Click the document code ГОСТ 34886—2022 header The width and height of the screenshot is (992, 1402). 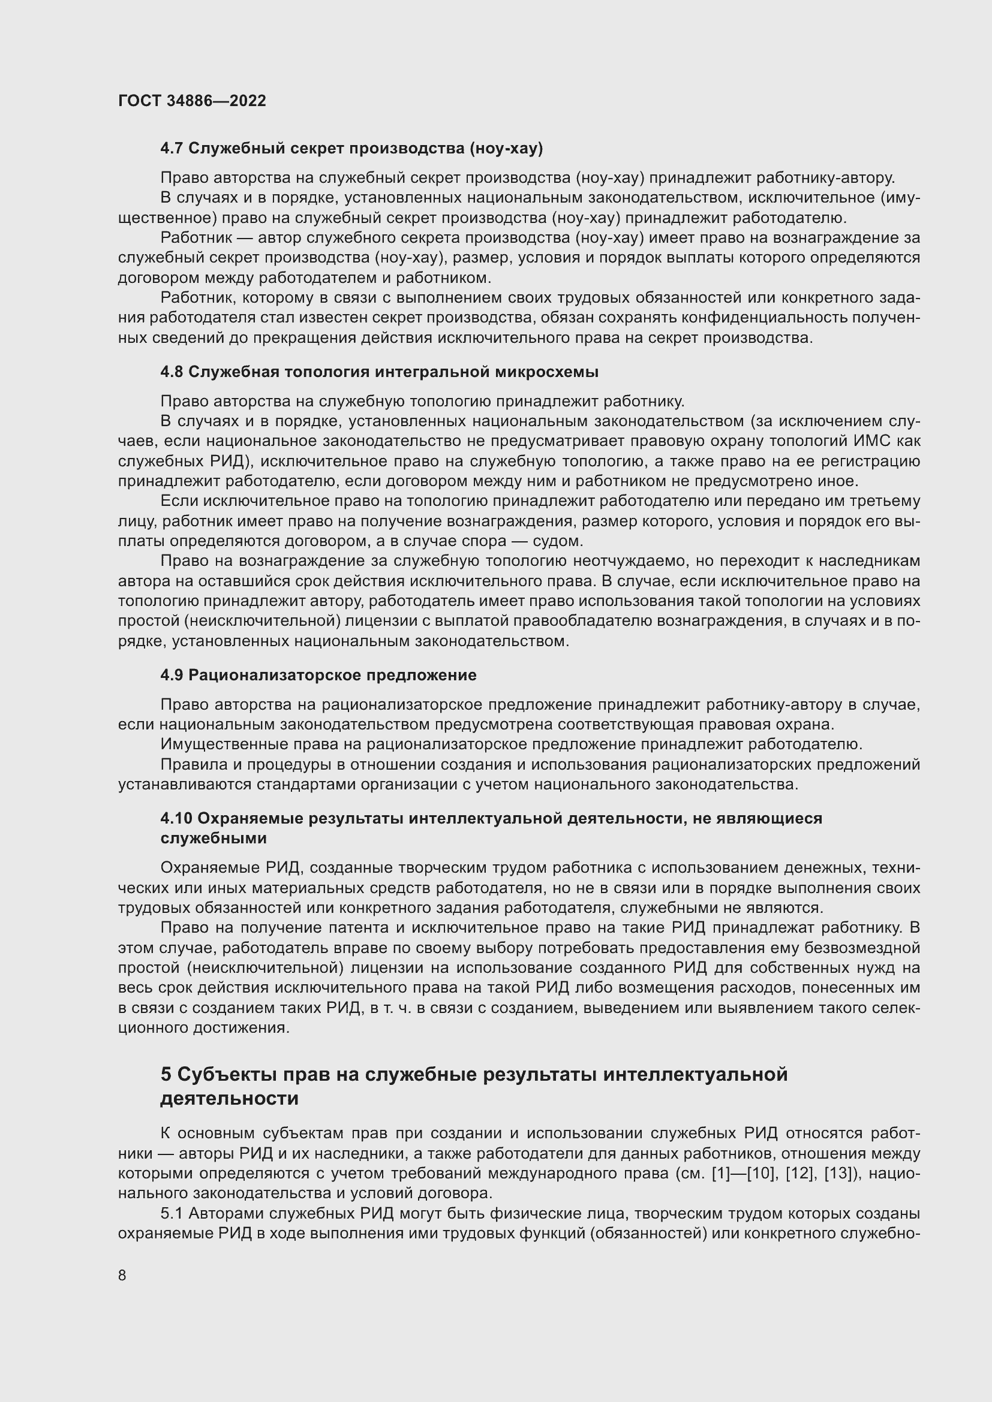coord(192,101)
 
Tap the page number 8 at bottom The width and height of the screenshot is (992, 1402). coord(122,1275)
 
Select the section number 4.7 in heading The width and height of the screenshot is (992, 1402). coord(172,149)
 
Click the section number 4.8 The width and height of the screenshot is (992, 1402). coord(172,372)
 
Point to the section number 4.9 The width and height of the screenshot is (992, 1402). coord(172,676)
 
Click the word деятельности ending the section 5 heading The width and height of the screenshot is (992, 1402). coord(230,1099)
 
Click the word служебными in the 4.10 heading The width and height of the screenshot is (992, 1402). coord(214,839)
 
